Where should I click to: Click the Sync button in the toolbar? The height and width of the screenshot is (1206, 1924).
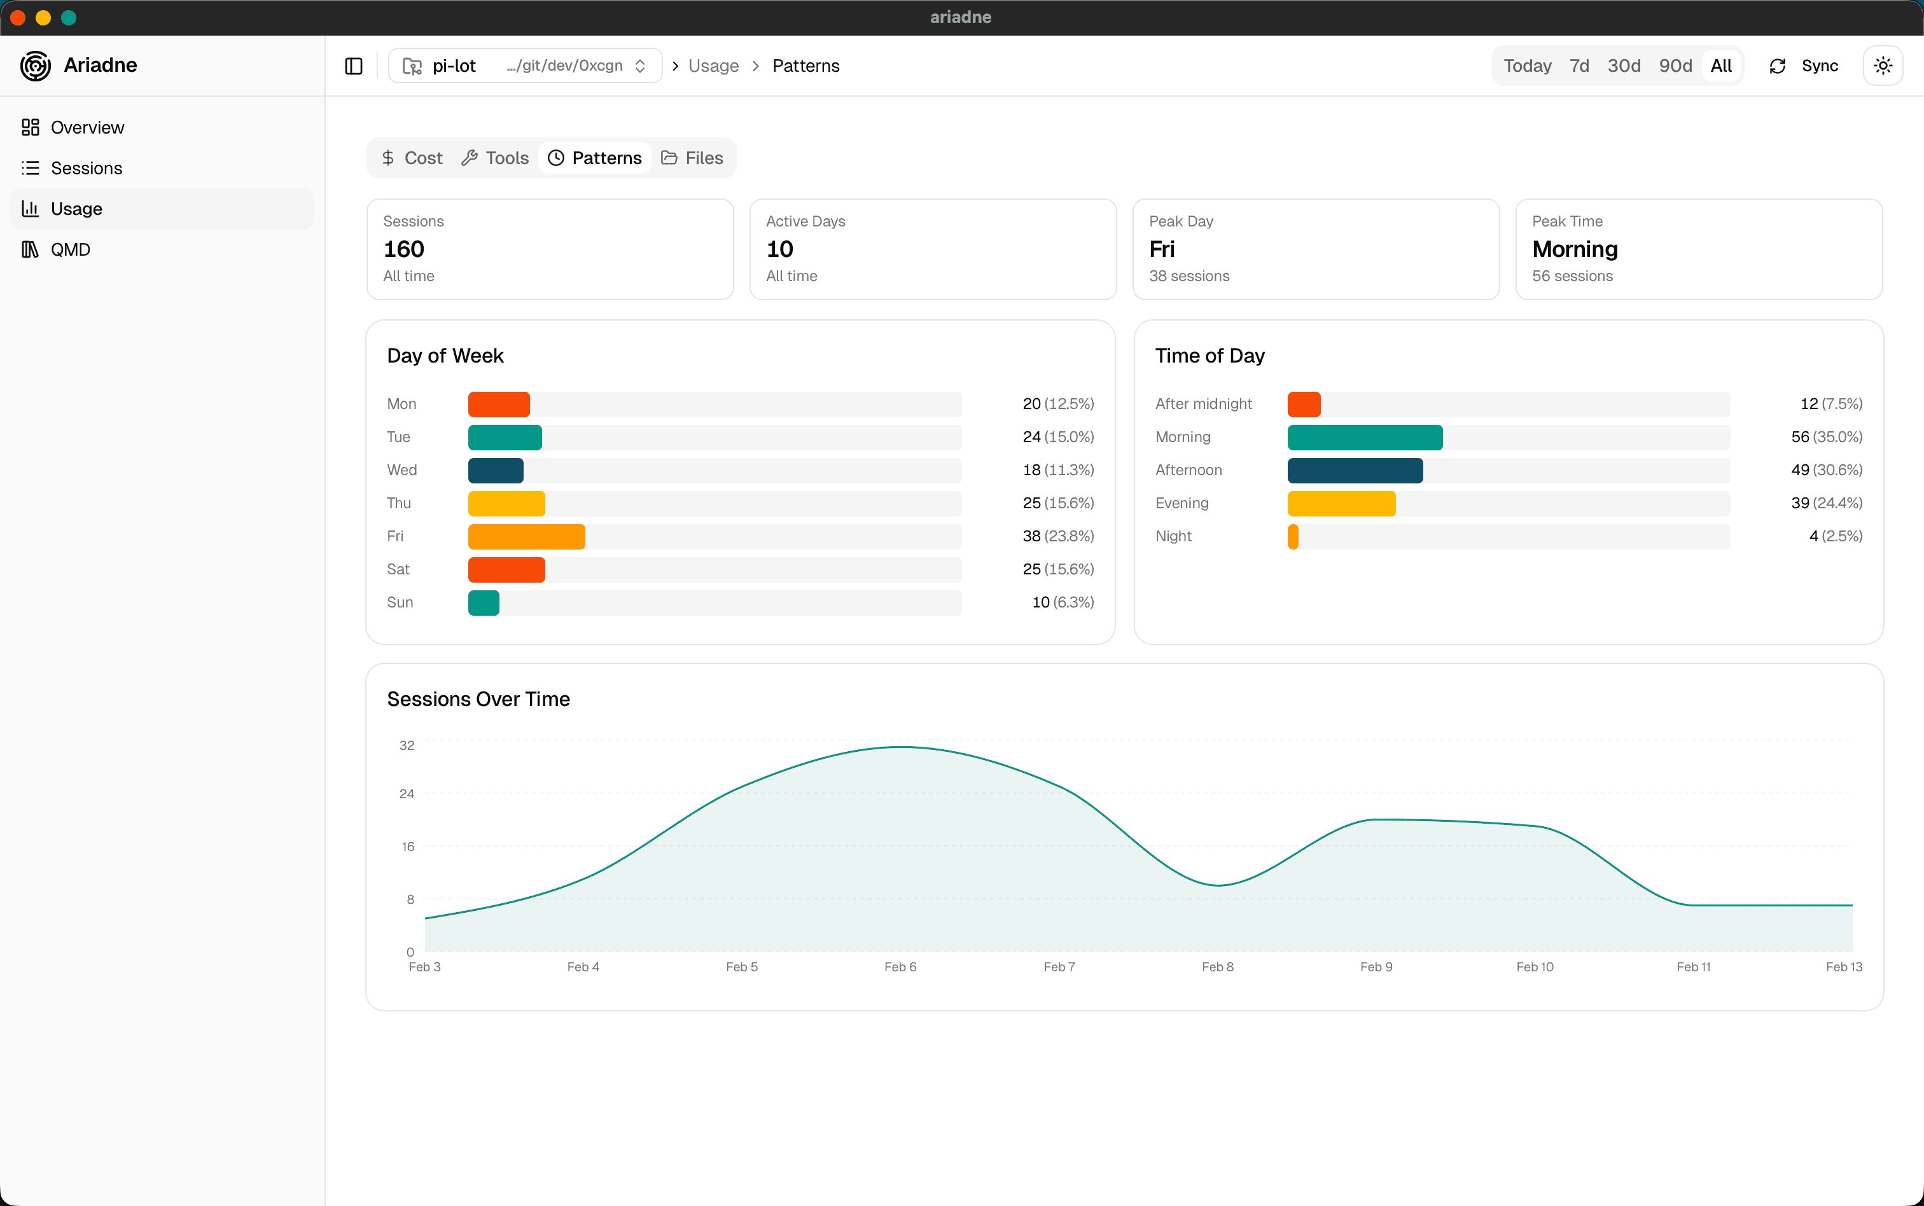pos(1804,66)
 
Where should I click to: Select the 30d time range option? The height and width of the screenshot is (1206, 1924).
pos(1623,66)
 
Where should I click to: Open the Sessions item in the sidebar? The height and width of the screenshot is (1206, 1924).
pos(86,169)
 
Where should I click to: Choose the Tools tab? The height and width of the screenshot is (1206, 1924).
pos(496,158)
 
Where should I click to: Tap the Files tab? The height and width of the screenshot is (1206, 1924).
pos(692,158)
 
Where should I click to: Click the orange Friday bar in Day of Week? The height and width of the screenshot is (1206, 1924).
pos(526,537)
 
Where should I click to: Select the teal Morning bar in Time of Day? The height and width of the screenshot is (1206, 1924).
pos(1365,438)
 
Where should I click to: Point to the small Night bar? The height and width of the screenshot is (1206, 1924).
pos(1293,537)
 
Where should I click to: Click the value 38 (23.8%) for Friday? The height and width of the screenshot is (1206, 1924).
pos(1057,537)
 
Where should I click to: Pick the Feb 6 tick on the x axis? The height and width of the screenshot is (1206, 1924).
pos(900,967)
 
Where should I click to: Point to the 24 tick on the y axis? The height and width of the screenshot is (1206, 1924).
pos(407,794)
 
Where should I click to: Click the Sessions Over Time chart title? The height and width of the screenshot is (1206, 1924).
pos(478,700)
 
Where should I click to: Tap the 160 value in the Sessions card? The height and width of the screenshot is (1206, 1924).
pos(403,249)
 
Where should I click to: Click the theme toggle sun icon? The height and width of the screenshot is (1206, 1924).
pos(1883,66)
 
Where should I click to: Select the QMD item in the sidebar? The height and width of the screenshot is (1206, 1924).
pos(70,249)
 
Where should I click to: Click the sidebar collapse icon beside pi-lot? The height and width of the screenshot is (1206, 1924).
pos(353,66)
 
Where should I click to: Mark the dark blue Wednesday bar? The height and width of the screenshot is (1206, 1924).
pos(496,471)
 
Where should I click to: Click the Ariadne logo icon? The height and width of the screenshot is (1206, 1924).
pos(35,66)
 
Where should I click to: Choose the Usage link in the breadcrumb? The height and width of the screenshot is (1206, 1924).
pos(713,66)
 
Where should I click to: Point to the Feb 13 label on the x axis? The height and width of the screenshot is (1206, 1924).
pos(1843,967)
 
